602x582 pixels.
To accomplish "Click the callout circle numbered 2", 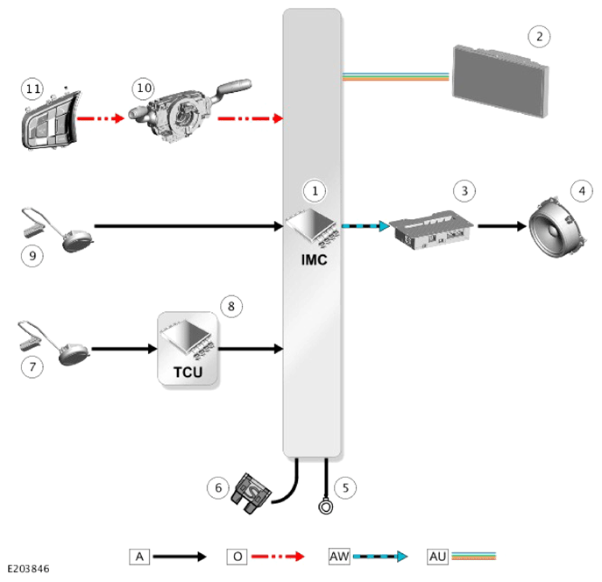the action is click(x=539, y=37).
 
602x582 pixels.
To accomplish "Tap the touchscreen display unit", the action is click(x=499, y=82).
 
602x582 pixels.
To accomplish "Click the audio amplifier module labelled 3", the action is click(x=431, y=230).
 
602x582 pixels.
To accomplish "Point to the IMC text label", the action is click(x=314, y=260).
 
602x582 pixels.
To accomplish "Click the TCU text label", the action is click(x=188, y=372).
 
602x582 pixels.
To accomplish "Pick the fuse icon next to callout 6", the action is click(x=251, y=493).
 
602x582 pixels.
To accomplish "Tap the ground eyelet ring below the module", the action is click(x=326, y=507).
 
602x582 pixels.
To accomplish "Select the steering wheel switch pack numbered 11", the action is click(x=51, y=120).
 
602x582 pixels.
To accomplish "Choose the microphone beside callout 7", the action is click(x=54, y=343).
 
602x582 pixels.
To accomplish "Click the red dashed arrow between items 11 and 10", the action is click(x=101, y=118).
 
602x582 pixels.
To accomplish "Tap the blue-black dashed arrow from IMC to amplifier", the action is click(x=365, y=226).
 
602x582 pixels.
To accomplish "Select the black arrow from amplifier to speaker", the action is click(x=502, y=226).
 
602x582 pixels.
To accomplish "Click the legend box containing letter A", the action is click(x=139, y=557).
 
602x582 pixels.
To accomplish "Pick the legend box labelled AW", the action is click(x=339, y=557).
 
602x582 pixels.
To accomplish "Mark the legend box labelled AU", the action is click(x=437, y=557).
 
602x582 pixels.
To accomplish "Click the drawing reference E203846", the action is click(x=28, y=569).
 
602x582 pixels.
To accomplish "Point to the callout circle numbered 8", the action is click(x=231, y=306).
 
